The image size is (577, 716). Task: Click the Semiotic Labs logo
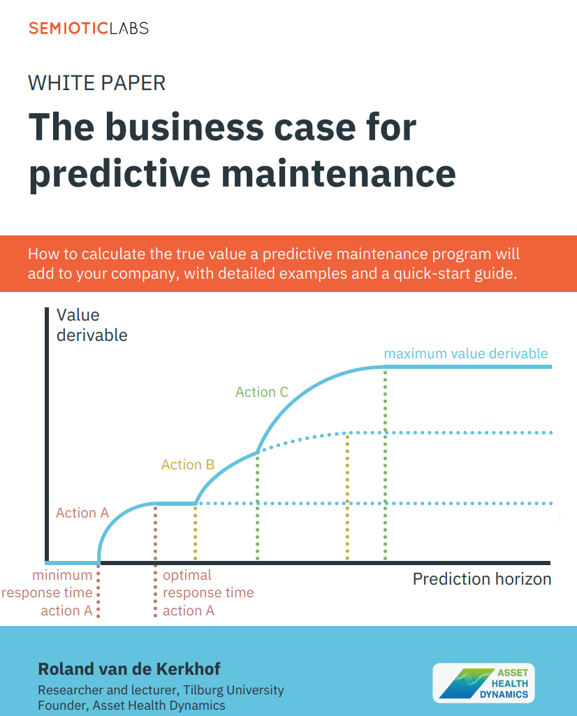pyautogui.click(x=89, y=29)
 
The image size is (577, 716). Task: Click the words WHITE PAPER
pyautogui.click(x=97, y=83)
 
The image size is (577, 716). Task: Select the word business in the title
pyautogui.click(x=185, y=127)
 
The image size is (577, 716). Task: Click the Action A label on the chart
pyautogui.click(x=82, y=513)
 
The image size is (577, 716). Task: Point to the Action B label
pyautogui.click(x=188, y=465)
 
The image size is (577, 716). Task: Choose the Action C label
pyautogui.click(x=262, y=392)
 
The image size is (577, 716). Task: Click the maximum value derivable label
pyautogui.click(x=466, y=353)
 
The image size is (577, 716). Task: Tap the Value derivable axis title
pyautogui.click(x=92, y=325)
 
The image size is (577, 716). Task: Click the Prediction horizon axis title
pyautogui.click(x=482, y=579)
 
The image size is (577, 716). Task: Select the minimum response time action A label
pyautogui.click(x=47, y=593)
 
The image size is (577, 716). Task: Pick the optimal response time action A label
pyautogui.click(x=208, y=593)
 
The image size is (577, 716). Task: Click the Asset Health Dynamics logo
pyautogui.click(x=484, y=683)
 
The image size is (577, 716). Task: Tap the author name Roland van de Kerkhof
pyautogui.click(x=129, y=669)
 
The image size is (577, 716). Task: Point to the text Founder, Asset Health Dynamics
pyautogui.click(x=131, y=706)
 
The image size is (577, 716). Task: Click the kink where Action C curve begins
pyautogui.click(x=258, y=452)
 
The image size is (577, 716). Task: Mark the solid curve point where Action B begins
pyautogui.click(x=196, y=503)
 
